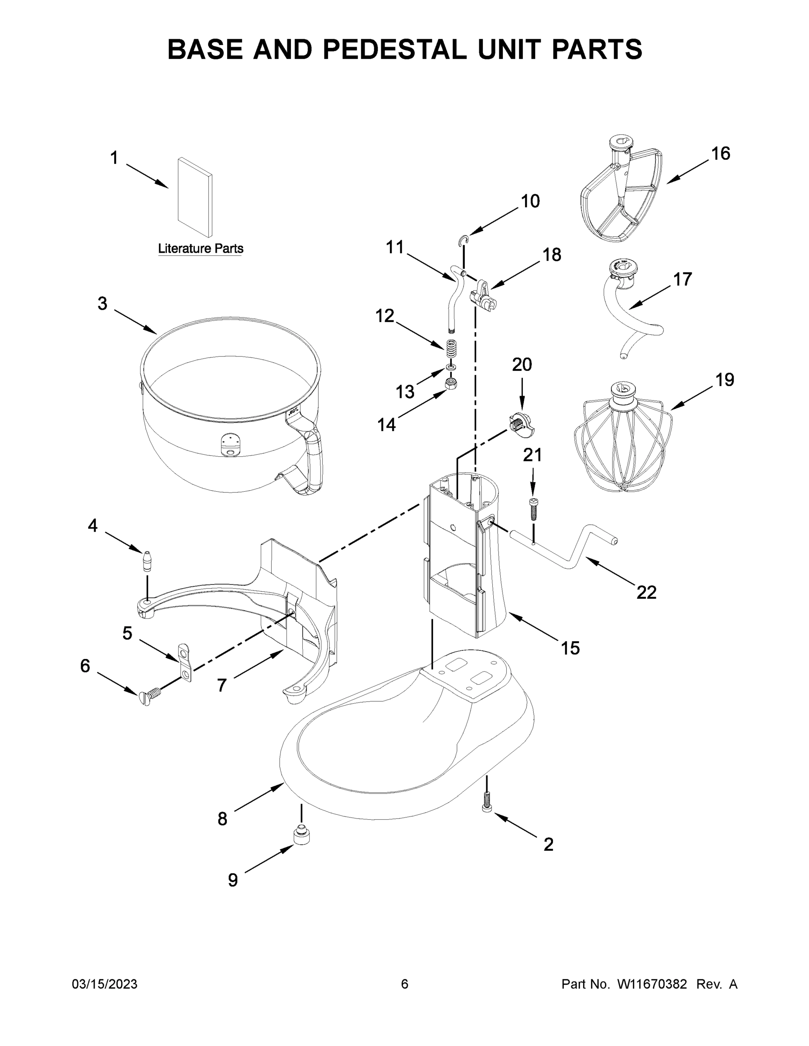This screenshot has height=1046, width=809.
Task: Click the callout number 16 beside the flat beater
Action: coord(720,154)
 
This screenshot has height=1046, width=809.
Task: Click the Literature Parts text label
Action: coord(200,248)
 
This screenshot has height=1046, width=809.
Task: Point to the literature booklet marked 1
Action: coord(195,197)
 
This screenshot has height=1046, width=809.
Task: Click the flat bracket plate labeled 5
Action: coord(184,662)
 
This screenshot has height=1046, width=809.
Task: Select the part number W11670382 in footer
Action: coord(652,984)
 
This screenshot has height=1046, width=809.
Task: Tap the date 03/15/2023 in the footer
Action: coord(105,984)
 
